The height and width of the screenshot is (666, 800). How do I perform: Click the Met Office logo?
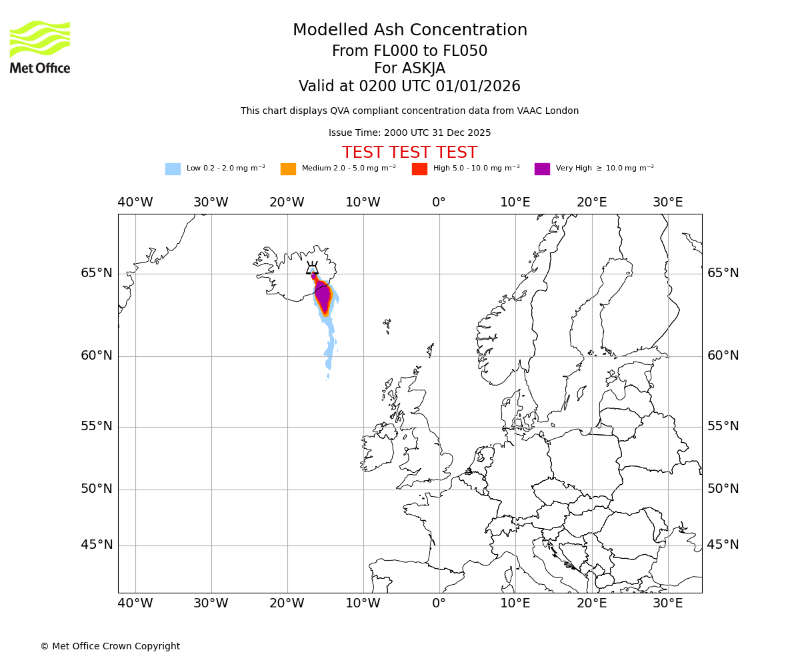pyautogui.click(x=40, y=47)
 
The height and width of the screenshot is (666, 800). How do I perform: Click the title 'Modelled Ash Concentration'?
pyautogui.click(x=410, y=31)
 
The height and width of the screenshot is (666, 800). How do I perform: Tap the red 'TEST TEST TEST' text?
pyautogui.click(x=409, y=153)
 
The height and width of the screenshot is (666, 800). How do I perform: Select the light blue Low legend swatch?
pyautogui.click(x=173, y=169)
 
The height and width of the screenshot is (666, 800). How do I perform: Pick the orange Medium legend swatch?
pyautogui.click(x=288, y=169)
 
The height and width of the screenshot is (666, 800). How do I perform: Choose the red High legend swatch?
pyautogui.click(x=419, y=169)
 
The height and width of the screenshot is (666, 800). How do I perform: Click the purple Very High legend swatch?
pyautogui.click(x=542, y=169)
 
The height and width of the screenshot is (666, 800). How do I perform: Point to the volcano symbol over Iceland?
pyautogui.click(x=312, y=268)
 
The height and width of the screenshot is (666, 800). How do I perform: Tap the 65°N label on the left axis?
pyautogui.click(x=97, y=273)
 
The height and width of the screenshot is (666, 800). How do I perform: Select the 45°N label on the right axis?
pyautogui.click(x=723, y=545)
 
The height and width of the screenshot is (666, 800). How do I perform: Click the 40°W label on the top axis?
pyautogui.click(x=135, y=202)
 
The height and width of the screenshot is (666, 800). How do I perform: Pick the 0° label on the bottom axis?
pyautogui.click(x=439, y=603)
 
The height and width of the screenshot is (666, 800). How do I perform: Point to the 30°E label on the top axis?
pyautogui.click(x=667, y=202)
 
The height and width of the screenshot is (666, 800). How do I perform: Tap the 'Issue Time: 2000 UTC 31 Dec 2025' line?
pyautogui.click(x=409, y=133)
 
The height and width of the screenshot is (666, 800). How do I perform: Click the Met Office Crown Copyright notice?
pyautogui.click(x=110, y=647)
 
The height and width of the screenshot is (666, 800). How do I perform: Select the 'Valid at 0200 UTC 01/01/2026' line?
pyautogui.click(x=409, y=87)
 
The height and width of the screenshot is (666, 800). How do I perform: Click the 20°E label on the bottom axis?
pyautogui.click(x=591, y=603)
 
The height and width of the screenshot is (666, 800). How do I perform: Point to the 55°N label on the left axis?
pyautogui.click(x=97, y=426)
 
